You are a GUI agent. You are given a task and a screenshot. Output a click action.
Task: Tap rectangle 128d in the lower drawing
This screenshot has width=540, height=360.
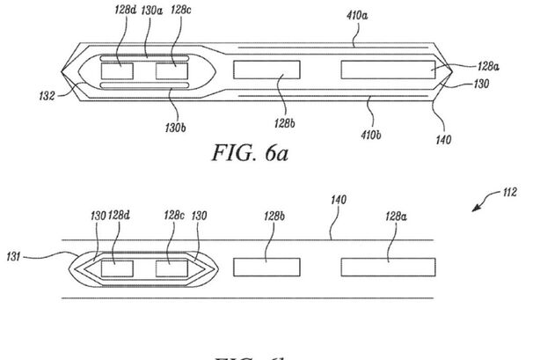click(118, 268)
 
